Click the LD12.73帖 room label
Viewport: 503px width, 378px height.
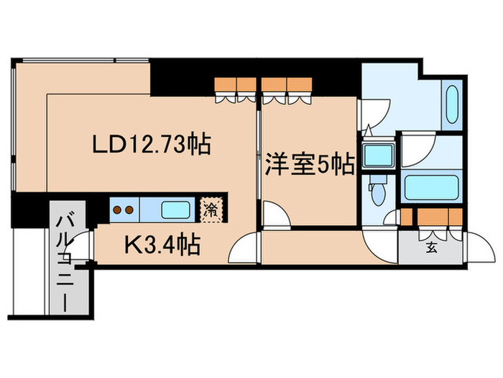tap(150, 145)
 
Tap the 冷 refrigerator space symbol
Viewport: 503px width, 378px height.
tap(211, 210)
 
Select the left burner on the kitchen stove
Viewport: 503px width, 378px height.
tap(118, 210)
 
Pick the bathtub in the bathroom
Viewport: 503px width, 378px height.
tap(431, 187)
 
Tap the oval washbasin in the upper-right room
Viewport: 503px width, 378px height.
tap(453, 107)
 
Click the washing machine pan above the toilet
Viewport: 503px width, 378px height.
tap(378, 155)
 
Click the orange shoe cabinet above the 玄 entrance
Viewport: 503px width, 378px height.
tap(438, 215)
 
